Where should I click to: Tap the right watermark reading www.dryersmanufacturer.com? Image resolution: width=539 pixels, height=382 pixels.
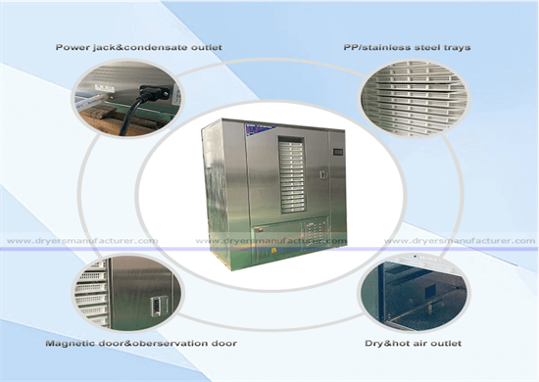point(461,239)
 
